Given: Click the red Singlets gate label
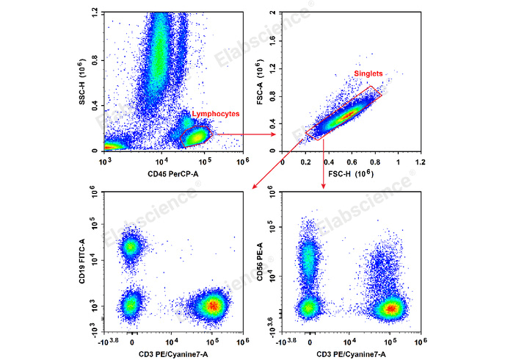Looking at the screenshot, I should click(x=368, y=74).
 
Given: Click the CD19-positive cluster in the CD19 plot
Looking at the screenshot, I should click(x=131, y=247).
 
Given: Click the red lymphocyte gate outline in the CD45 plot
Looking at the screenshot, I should click(x=208, y=129).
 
